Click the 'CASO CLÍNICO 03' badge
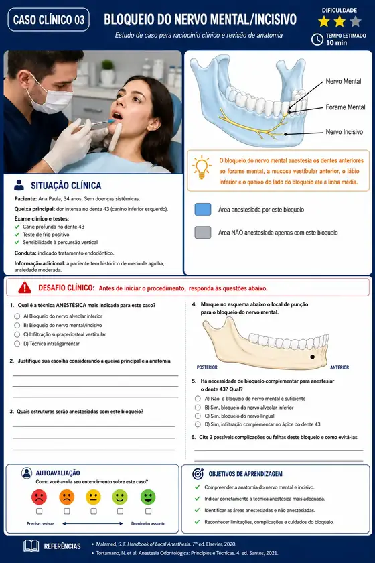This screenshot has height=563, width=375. [x=48, y=19]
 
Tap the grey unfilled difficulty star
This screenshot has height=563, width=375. [x=356, y=21]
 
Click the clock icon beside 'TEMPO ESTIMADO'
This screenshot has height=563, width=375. [x=317, y=39]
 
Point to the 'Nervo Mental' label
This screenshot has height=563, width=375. [x=343, y=82]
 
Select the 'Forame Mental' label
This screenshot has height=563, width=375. [x=346, y=107]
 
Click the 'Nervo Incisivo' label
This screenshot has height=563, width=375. [x=344, y=132]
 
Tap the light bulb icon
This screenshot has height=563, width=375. [x=202, y=168]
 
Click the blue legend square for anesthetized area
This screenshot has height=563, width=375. [x=203, y=209]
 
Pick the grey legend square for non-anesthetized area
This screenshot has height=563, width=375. [x=203, y=233]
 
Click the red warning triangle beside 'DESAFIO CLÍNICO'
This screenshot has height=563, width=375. [x=24, y=288]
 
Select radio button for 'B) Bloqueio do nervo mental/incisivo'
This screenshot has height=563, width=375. [x=17, y=325]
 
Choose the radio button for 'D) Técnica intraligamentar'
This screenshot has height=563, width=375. [x=17, y=344]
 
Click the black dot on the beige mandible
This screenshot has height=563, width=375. [x=313, y=357]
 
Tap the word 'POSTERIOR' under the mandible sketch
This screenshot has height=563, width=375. [x=207, y=367]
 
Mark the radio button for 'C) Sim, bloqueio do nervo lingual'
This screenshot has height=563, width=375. [x=198, y=416]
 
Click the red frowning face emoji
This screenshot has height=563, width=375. [x=39, y=497]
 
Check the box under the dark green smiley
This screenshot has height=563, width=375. [x=148, y=511]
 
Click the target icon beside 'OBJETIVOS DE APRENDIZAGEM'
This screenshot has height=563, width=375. [x=198, y=474]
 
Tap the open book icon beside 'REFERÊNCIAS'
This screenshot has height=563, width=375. [x=31, y=546]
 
